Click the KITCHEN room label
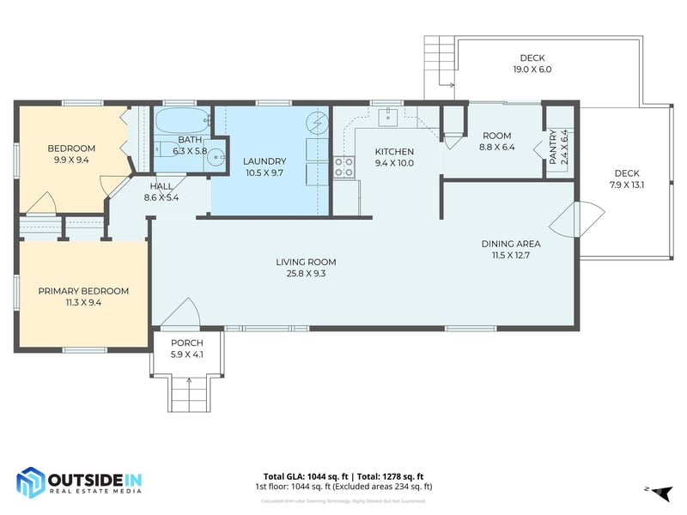coord(394,152)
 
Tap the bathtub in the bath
coord(181,119)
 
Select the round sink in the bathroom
coord(217,157)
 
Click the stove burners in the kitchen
coord(343,167)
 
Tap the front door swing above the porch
coord(181,313)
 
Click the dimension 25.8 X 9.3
coord(306,274)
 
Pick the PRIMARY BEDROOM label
coord(83,291)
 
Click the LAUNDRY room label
coord(264,161)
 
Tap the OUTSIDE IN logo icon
coord(31,482)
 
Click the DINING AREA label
coord(510,243)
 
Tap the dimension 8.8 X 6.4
coord(497,147)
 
